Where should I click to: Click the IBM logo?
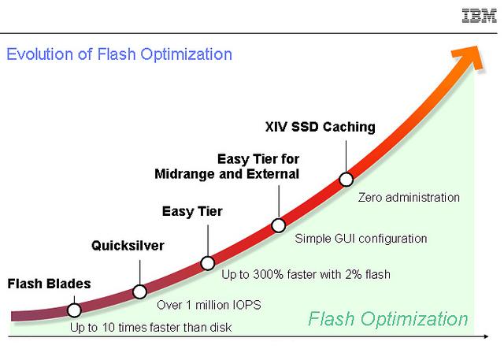(479, 16)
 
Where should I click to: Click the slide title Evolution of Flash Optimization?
(119, 54)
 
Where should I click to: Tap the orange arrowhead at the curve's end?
(468, 58)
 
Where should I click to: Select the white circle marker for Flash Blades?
(74, 310)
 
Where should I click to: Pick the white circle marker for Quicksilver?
(140, 291)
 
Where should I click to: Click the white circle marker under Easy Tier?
(208, 263)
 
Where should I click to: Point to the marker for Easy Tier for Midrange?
(278, 225)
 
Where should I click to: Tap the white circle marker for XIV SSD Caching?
(346, 179)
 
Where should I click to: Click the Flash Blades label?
(49, 284)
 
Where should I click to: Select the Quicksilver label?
(128, 246)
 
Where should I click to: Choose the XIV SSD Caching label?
(321, 127)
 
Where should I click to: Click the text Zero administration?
(409, 198)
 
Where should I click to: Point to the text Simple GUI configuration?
(361, 239)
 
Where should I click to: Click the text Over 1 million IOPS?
(209, 305)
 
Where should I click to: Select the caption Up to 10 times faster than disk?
(150, 328)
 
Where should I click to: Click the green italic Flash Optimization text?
(388, 319)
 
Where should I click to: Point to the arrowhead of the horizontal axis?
(486, 336)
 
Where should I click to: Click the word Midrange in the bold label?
(185, 174)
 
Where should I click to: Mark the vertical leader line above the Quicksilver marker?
(140, 273)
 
